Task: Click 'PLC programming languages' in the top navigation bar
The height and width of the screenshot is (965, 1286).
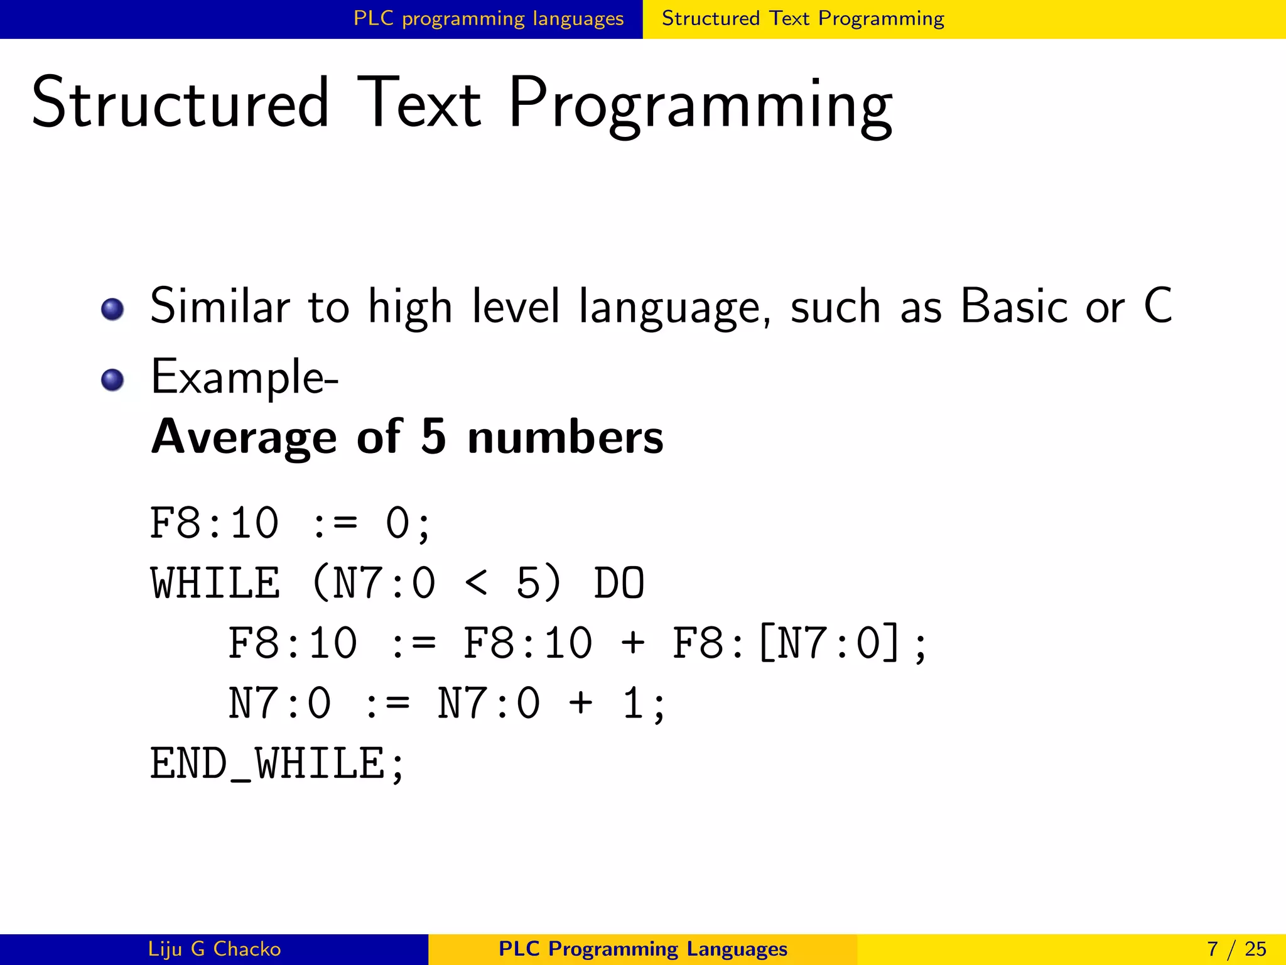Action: (489, 19)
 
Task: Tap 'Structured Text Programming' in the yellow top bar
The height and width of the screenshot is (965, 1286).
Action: (802, 19)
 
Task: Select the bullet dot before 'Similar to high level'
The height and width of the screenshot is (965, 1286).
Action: (112, 309)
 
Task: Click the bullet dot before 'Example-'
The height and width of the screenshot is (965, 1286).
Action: (112, 379)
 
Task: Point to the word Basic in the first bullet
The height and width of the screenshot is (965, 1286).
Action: (1013, 307)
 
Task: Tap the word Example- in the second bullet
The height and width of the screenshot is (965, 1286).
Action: (244, 378)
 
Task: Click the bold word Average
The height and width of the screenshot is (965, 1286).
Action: (244, 437)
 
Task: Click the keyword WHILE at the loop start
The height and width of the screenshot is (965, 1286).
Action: (215, 583)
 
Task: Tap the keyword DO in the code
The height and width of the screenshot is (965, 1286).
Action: (619, 583)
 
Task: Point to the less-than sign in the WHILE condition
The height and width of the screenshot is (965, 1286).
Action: (476, 583)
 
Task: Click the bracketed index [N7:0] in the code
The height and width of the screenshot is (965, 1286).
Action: (829, 643)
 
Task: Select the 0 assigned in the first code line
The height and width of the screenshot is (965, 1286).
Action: (397, 523)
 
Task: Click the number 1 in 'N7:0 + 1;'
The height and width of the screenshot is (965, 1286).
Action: (633, 704)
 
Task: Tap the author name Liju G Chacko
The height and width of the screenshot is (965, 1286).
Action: (214, 949)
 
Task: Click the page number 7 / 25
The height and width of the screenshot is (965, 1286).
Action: (1236, 949)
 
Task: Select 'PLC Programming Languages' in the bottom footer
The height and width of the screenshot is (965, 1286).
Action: (642, 949)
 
